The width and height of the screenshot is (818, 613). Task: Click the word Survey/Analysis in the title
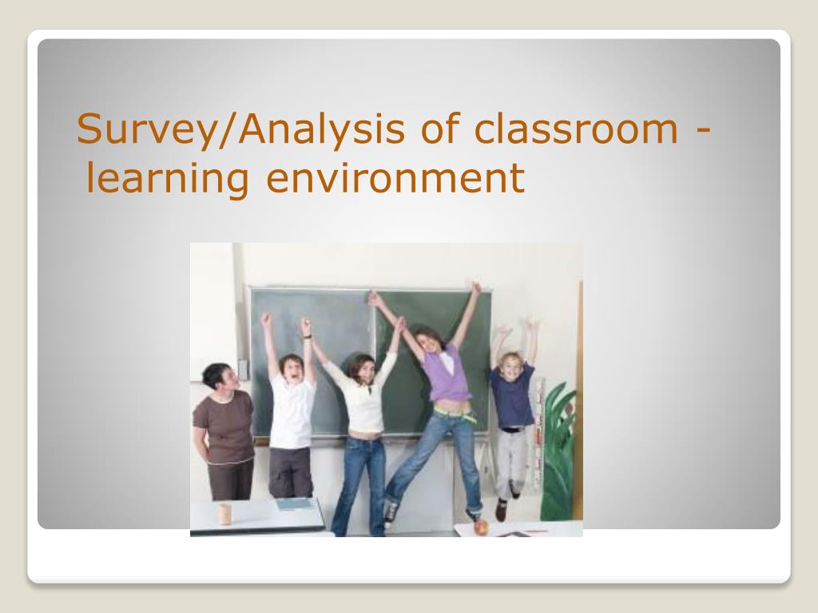tap(240, 129)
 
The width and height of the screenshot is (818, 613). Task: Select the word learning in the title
tap(167, 179)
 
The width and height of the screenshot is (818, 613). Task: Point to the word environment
tap(395, 178)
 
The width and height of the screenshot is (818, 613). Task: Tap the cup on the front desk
tap(224, 513)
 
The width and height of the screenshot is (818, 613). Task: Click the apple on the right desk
tap(480, 527)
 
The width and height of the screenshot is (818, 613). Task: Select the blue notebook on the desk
tap(295, 504)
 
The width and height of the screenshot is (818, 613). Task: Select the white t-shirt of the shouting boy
tap(292, 411)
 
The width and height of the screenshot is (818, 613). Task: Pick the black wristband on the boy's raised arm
tap(308, 337)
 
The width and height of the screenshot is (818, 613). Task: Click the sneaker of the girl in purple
tap(390, 513)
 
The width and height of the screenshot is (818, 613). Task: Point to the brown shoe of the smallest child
tap(502, 510)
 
